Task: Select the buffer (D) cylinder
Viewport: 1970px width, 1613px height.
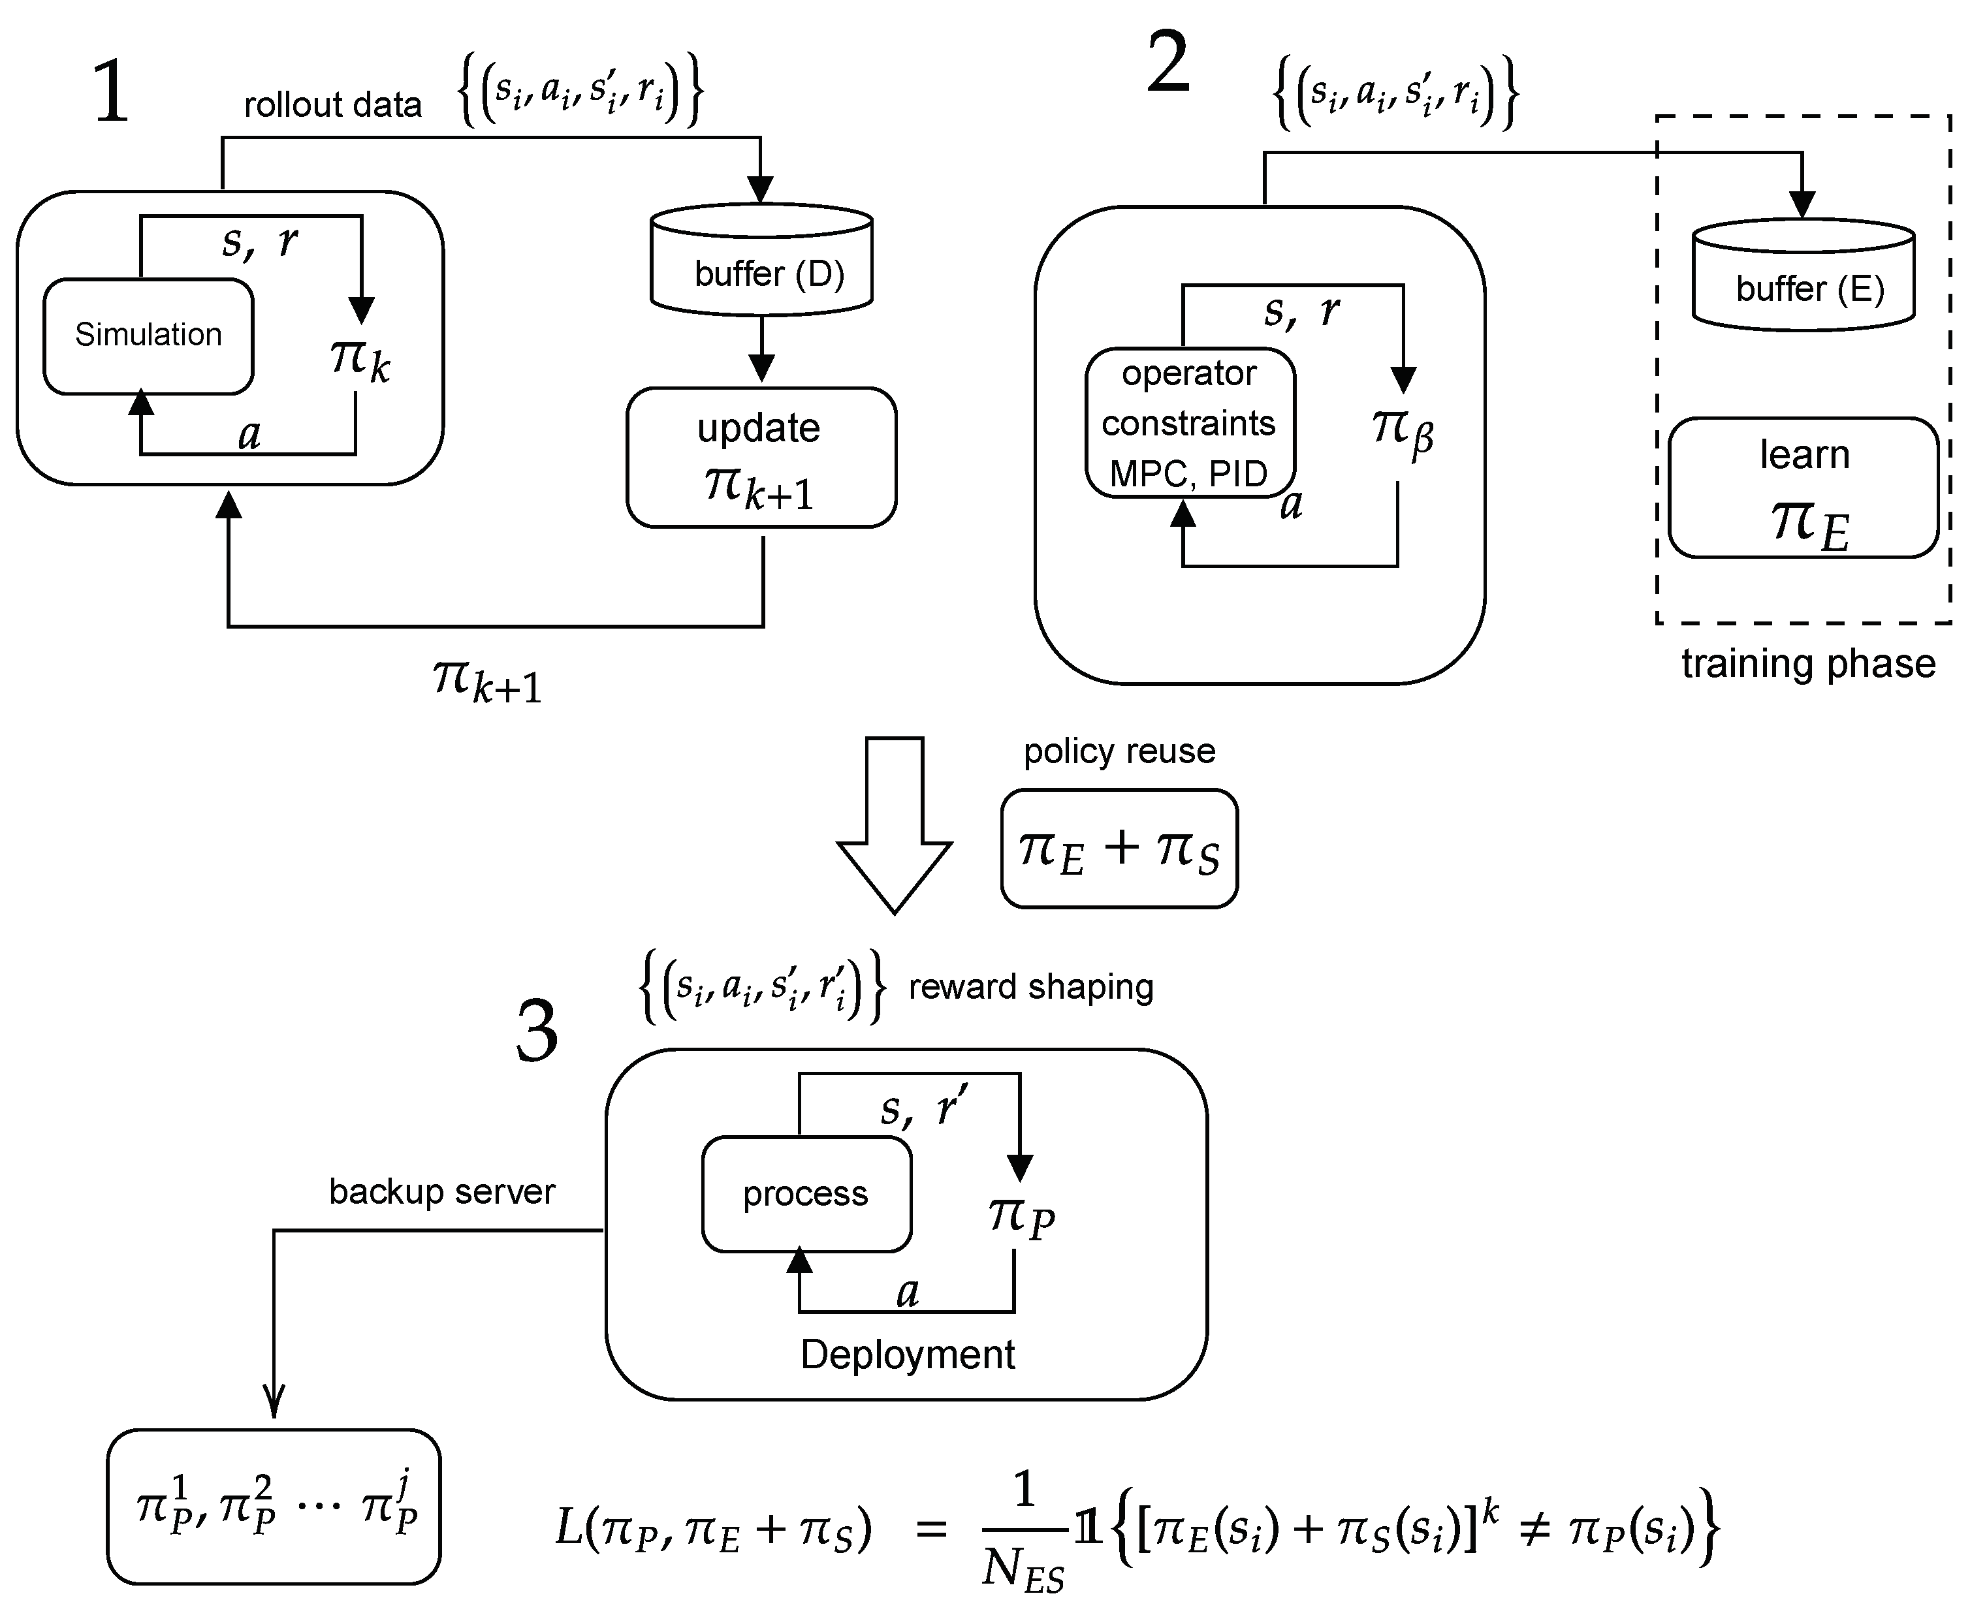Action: point(761,261)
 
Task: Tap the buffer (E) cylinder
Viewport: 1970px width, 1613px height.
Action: point(1803,277)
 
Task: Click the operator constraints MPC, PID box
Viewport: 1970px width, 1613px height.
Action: point(1190,424)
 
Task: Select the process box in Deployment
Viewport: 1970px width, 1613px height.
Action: point(806,1194)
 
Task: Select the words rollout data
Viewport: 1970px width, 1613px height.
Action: point(332,105)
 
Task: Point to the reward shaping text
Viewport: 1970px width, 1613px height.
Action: point(1030,987)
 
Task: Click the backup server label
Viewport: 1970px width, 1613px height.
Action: point(441,1192)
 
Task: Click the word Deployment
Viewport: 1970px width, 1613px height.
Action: point(907,1355)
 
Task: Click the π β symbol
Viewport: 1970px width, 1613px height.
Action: point(1401,432)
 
